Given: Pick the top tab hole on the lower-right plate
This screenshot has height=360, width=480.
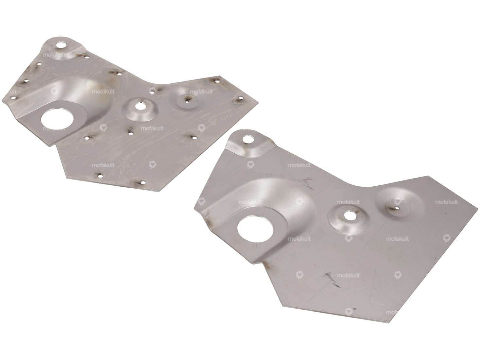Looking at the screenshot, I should pos(249,139).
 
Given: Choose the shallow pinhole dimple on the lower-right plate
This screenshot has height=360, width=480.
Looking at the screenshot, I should pos(396,207).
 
